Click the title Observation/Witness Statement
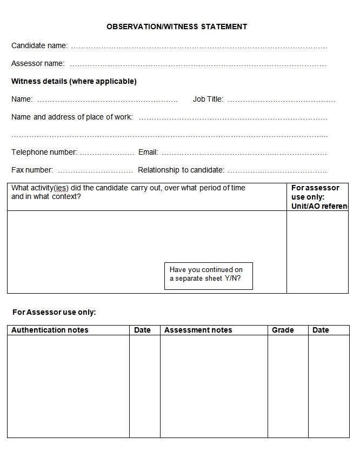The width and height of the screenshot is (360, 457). point(177,27)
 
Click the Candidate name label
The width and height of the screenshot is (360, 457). point(39,46)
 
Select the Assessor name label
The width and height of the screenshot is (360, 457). point(38,64)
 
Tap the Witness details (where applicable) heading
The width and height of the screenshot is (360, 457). point(74,82)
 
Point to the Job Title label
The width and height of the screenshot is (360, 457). point(208,100)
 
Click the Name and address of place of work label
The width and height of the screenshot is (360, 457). point(72,117)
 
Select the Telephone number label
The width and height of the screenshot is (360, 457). point(44,153)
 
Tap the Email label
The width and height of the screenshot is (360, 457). point(148,153)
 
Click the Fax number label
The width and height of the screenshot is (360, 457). point(32,170)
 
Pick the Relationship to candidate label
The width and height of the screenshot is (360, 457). point(181,170)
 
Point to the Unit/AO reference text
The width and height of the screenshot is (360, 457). point(319,206)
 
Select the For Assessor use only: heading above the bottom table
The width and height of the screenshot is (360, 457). point(54,313)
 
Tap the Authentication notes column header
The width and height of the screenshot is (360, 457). point(50,330)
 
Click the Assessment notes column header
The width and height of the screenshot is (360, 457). point(198,330)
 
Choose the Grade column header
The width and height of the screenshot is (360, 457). point(283,330)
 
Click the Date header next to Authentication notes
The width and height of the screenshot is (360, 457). point(142,330)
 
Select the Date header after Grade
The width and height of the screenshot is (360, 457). point(321,330)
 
